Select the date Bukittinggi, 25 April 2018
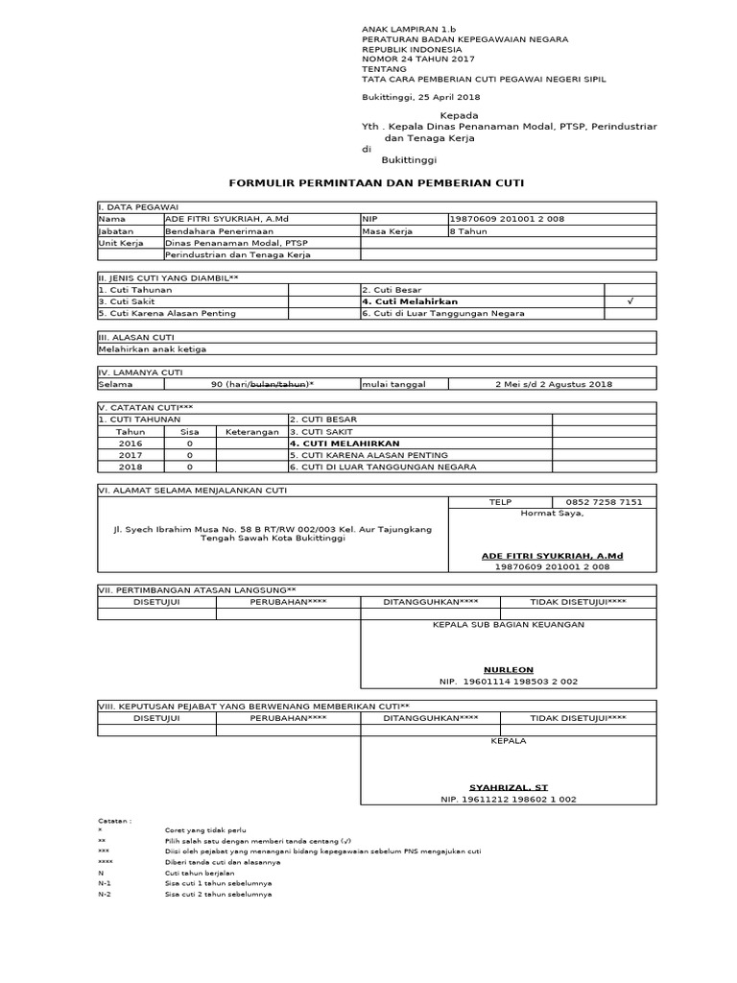pyautogui.click(x=420, y=97)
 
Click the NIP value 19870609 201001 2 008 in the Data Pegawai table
pyautogui.click(x=507, y=219)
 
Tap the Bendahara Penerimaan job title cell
pyautogui.click(x=220, y=231)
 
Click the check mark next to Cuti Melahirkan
pyautogui.click(x=630, y=301)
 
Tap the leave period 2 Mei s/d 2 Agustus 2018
pyautogui.click(x=552, y=384)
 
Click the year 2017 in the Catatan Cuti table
pyautogui.click(x=130, y=455)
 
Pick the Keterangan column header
pyautogui.click(x=250, y=432)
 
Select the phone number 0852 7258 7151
pyautogui.click(x=604, y=502)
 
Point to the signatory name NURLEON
pyautogui.click(x=508, y=669)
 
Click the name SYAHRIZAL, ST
pyautogui.click(x=508, y=786)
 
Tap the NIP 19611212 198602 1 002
pyautogui.click(x=508, y=799)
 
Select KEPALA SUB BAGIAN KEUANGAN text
pyautogui.click(x=508, y=624)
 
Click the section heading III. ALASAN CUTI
pyautogui.click(x=132, y=337)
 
